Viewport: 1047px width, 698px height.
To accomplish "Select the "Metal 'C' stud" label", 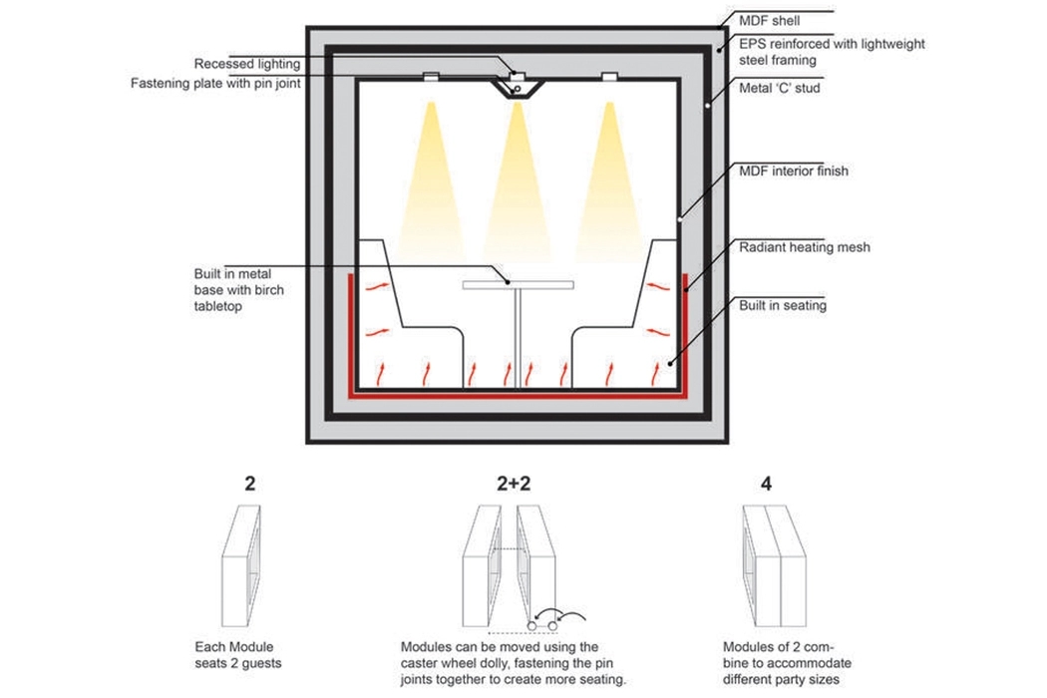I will click(778, 88).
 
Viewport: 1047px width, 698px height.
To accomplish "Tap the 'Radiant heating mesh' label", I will click(799, 247).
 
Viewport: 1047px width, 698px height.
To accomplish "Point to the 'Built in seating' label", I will click(783, 305).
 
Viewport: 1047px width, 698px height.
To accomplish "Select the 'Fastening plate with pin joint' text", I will click(215, 84).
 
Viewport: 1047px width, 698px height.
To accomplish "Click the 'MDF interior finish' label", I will click(793, 172).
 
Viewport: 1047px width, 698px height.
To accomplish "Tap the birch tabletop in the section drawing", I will click(518, 285).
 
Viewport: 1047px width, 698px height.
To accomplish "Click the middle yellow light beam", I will click(516, 170).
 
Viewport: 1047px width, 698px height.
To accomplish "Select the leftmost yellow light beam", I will click(430, 170).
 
